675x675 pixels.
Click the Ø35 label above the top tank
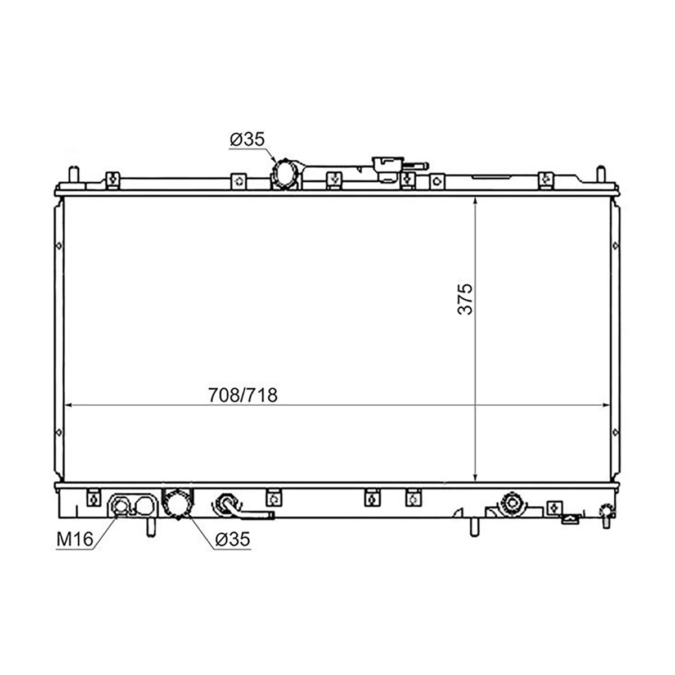tap(247, 139)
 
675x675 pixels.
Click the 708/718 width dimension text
tap(243, 395)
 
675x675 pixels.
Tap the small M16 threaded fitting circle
tap(121, 506)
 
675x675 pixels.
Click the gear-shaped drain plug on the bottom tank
tap(512, 503)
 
